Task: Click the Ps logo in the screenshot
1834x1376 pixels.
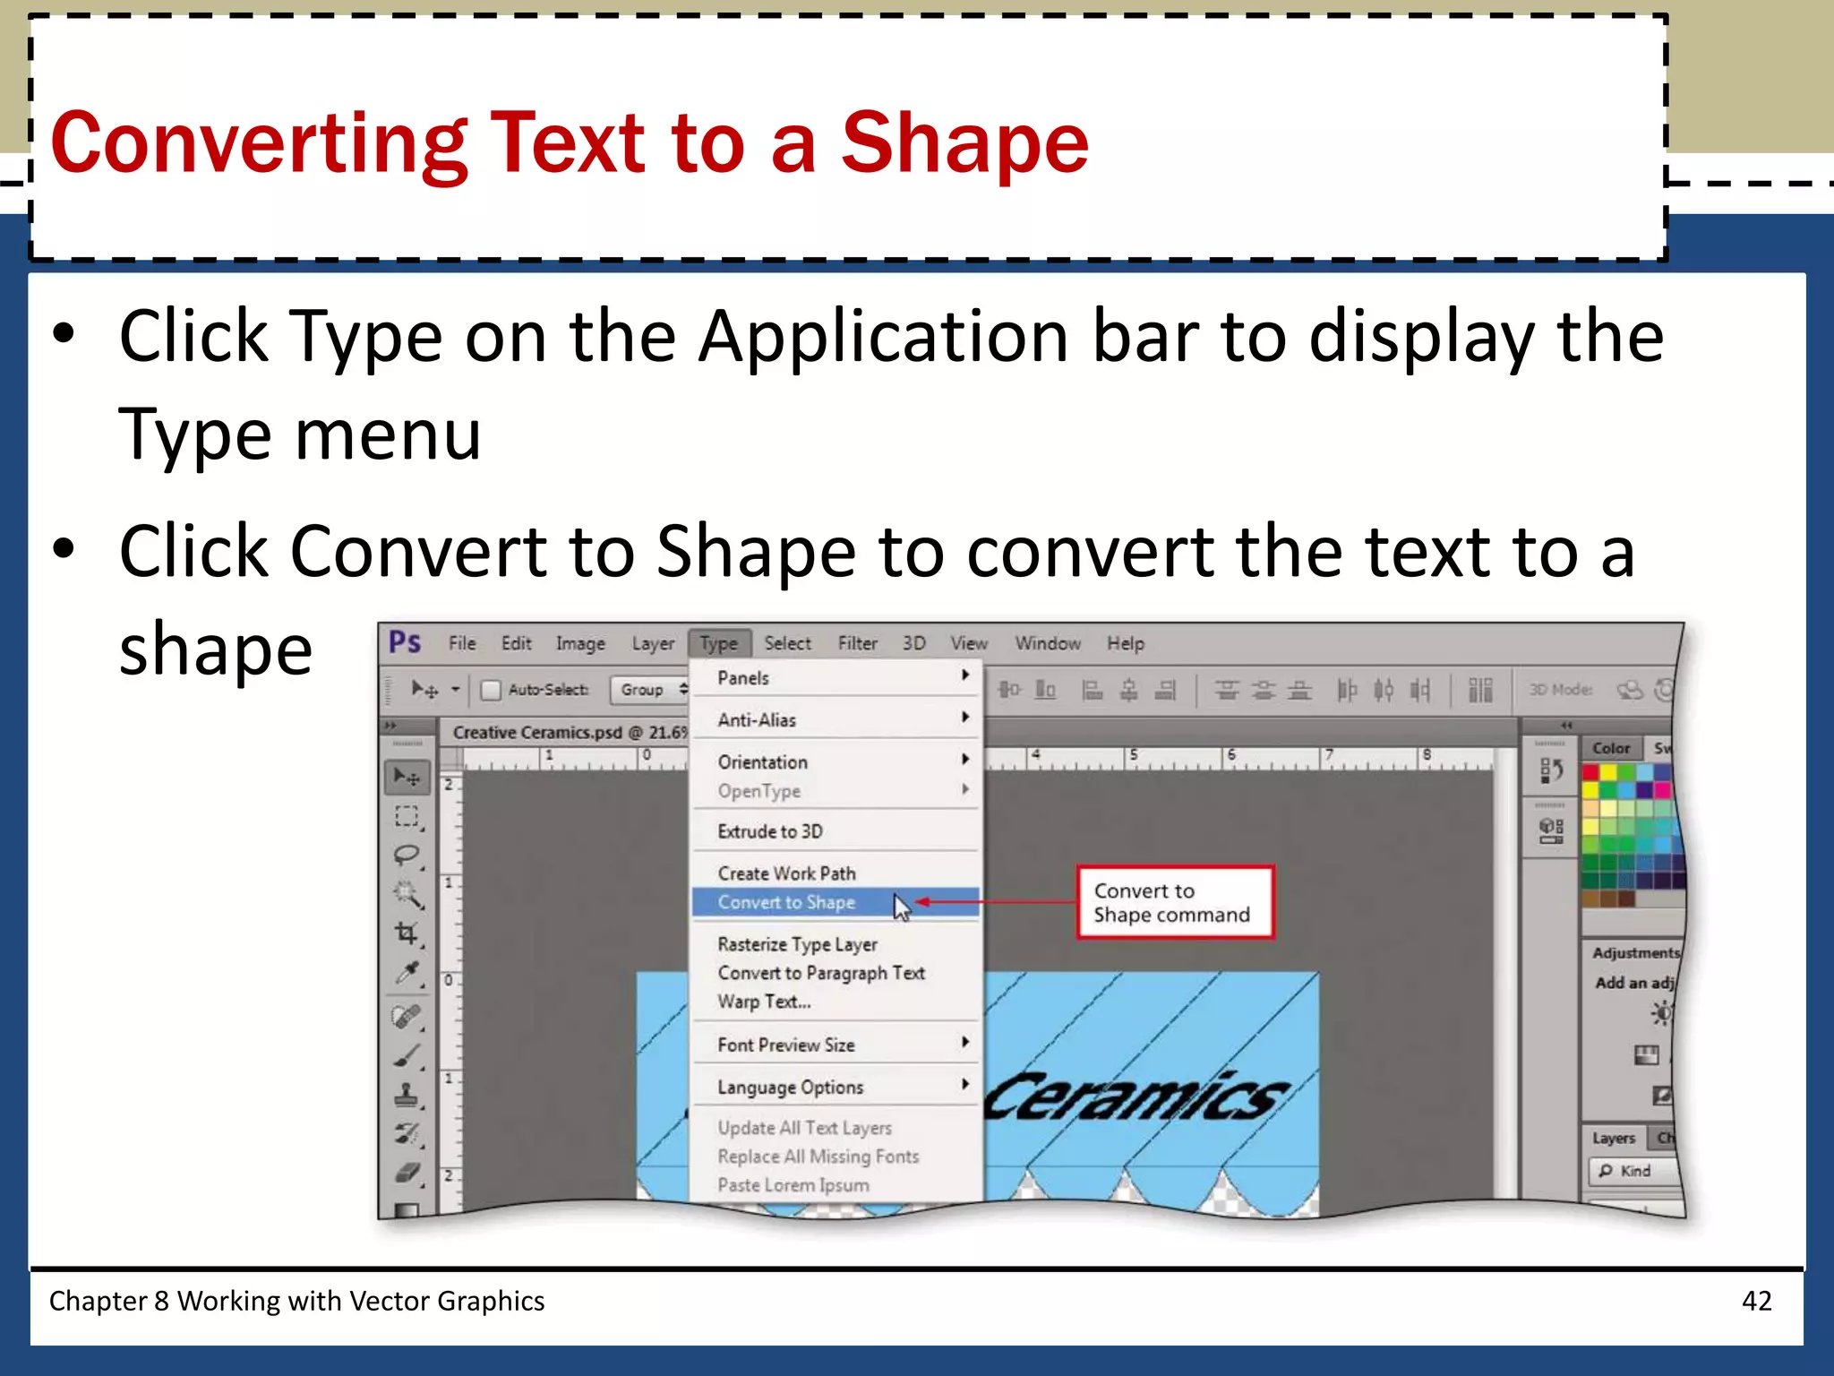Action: [405, 642]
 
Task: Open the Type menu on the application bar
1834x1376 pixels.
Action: [718, 643]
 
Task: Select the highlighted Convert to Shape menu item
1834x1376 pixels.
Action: [787, 903]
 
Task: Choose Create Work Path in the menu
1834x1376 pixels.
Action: [786, 873]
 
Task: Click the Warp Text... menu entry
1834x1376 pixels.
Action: [764, 1002]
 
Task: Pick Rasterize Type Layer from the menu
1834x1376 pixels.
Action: [797, 944]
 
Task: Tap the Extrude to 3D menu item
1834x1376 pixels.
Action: [769, 831]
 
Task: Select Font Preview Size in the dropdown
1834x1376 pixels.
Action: [785, 1045]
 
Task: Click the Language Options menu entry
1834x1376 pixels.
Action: [790, 1088]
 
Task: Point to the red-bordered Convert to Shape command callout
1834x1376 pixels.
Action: [1173, 902]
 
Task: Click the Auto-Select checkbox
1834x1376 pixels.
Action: [491, 690]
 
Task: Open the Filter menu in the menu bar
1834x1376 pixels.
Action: [857, 643]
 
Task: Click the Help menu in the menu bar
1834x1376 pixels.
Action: [1125, 643]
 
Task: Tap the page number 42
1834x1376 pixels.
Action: [1756, 1301]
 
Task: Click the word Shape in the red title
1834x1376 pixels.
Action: [964, 143]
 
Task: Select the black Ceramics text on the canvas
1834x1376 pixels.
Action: [1136, 1096]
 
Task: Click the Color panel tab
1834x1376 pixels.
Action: [1611, 748]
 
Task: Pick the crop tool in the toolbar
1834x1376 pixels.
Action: [407, 933]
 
